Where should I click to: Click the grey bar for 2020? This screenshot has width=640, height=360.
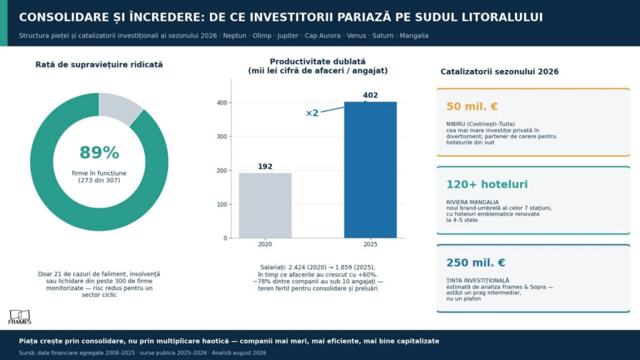pyautogui.click(x=265, y=205)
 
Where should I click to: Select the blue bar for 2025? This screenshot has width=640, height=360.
pyautogui.click(x=370, y=170)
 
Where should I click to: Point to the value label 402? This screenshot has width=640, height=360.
pyautogui.click(x=370, y=95)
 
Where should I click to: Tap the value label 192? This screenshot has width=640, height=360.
pyautogui.click(x=265, y=166)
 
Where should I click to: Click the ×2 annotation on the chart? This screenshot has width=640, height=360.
pyautogui.click(x=312, y=113)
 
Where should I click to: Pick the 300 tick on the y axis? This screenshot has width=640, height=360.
pyautogui.click(x=222, y=136)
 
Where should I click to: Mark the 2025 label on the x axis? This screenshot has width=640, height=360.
pyautogui.click(x=370, y=244)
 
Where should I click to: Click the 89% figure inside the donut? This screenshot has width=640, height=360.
pyautogui.click(x=99, y=152)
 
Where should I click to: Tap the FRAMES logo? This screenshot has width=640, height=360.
pyautogui.click(x=19, y=317)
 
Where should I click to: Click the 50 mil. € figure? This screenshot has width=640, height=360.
pyautogui.click(x=472, y=106)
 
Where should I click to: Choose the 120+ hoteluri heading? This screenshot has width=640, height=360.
pyautogui.click(x=487, y=184)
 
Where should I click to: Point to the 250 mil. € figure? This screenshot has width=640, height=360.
pyautogui.click(x=476, y=263)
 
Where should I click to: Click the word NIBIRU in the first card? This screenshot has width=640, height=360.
pyautogui.click(x=456, y=124)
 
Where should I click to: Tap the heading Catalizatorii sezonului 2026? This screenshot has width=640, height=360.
pyautogui.click(x=499, y=72)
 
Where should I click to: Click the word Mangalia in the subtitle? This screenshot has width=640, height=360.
pyautogui.click(x=414, y=36)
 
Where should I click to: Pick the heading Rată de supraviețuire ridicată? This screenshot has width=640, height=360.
pyautogui.click(x=99, y=65)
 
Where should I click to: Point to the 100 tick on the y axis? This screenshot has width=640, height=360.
pyautogui.click(x=222, y=204)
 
